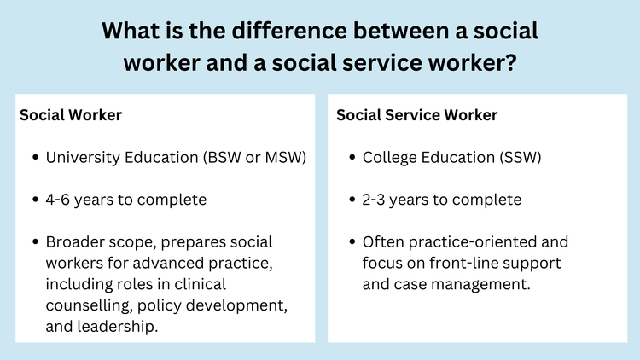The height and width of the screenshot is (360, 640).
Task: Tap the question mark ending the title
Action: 509,64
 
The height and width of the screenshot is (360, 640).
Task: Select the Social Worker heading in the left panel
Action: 71,114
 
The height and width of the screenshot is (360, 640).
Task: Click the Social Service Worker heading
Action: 416,114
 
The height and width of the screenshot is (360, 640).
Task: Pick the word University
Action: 82,158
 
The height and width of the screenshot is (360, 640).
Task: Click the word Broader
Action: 76,243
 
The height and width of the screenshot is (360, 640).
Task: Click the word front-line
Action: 449,264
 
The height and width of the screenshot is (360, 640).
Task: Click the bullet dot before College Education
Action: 352,159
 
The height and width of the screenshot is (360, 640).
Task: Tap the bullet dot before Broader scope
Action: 35,244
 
